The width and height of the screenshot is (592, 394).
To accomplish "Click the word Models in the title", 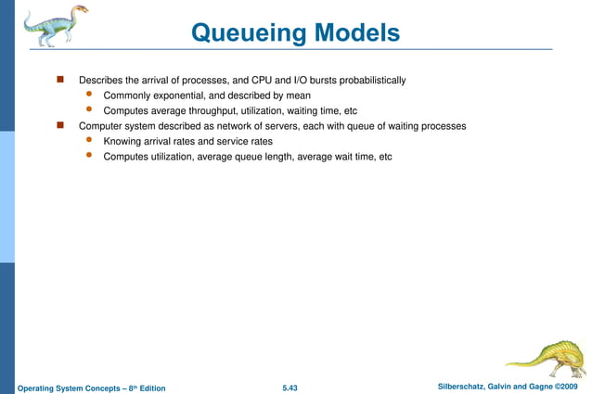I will click(356, 33).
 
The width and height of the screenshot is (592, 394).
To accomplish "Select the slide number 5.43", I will click(295, 385).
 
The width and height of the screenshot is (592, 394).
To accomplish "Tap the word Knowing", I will click(122, 141).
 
